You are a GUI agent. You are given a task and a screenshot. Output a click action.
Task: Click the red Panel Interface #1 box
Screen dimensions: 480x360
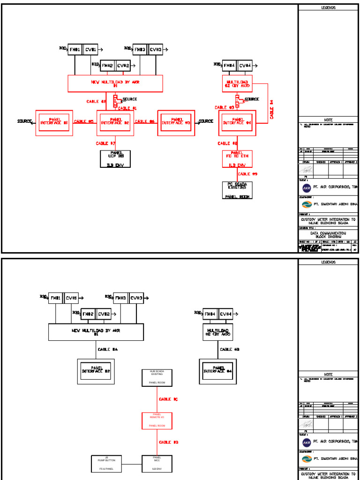(x=54, y=123)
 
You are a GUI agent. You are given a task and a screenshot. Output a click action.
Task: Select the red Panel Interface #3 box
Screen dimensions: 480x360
(x=176, y=123)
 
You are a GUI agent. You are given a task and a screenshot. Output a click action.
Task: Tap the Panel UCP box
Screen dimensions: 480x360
(x=115, y=159)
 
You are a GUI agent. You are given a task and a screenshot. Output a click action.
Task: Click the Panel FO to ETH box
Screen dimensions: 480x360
(x=237, y=159)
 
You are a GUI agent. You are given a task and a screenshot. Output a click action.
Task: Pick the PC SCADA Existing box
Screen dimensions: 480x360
(x=237, y=190)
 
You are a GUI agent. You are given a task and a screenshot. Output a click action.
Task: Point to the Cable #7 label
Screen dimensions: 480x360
(x=105, y=143)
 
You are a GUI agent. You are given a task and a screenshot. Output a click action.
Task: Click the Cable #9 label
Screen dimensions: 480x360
(x=247, y=174)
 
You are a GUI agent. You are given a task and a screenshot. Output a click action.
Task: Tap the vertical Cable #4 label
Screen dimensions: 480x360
(x=272, y=109)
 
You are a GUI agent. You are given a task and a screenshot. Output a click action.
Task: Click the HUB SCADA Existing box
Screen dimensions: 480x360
(x=157, y=377)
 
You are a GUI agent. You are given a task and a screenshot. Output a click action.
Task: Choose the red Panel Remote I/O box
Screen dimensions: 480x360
(x=157, y=420)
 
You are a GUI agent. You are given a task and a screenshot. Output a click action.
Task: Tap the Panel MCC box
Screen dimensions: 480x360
(x=157, y=463)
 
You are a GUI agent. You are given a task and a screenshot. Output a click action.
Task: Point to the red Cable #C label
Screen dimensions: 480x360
(x=168, y=399)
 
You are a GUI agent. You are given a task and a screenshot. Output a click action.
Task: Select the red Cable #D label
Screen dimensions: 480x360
(x=168, y=442)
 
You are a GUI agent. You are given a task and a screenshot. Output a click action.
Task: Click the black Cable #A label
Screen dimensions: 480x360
(x=107, y=349)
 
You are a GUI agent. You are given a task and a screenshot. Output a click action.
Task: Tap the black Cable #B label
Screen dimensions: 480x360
(x=230, y=349)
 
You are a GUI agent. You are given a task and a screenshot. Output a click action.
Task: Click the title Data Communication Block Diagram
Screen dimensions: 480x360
(x=328, y=235)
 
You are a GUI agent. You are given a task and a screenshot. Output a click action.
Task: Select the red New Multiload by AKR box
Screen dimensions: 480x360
(x=115, y=83)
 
